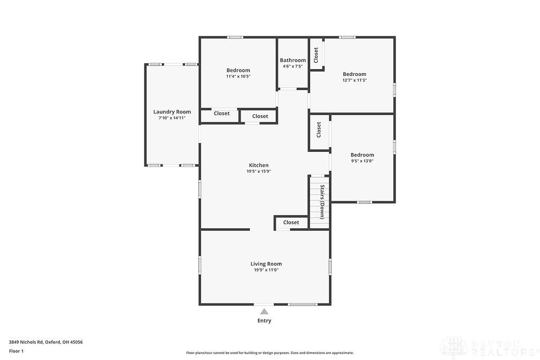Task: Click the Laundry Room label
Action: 172,112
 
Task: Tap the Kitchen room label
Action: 258,165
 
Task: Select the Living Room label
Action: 266,264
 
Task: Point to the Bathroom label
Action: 293,60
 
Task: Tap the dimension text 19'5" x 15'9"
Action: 258,171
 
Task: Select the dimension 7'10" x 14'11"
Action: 172,118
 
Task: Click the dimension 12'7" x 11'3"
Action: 354,80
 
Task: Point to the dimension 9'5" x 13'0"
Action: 362,161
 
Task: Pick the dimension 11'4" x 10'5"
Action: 238,76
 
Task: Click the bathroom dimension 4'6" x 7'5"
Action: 293,66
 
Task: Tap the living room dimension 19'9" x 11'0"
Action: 266,270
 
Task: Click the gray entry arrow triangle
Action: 264,311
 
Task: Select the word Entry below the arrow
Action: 264,320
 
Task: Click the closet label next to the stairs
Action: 291,222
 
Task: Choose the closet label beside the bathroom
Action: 316,55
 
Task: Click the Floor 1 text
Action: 16,351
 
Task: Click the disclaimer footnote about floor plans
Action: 269,353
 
